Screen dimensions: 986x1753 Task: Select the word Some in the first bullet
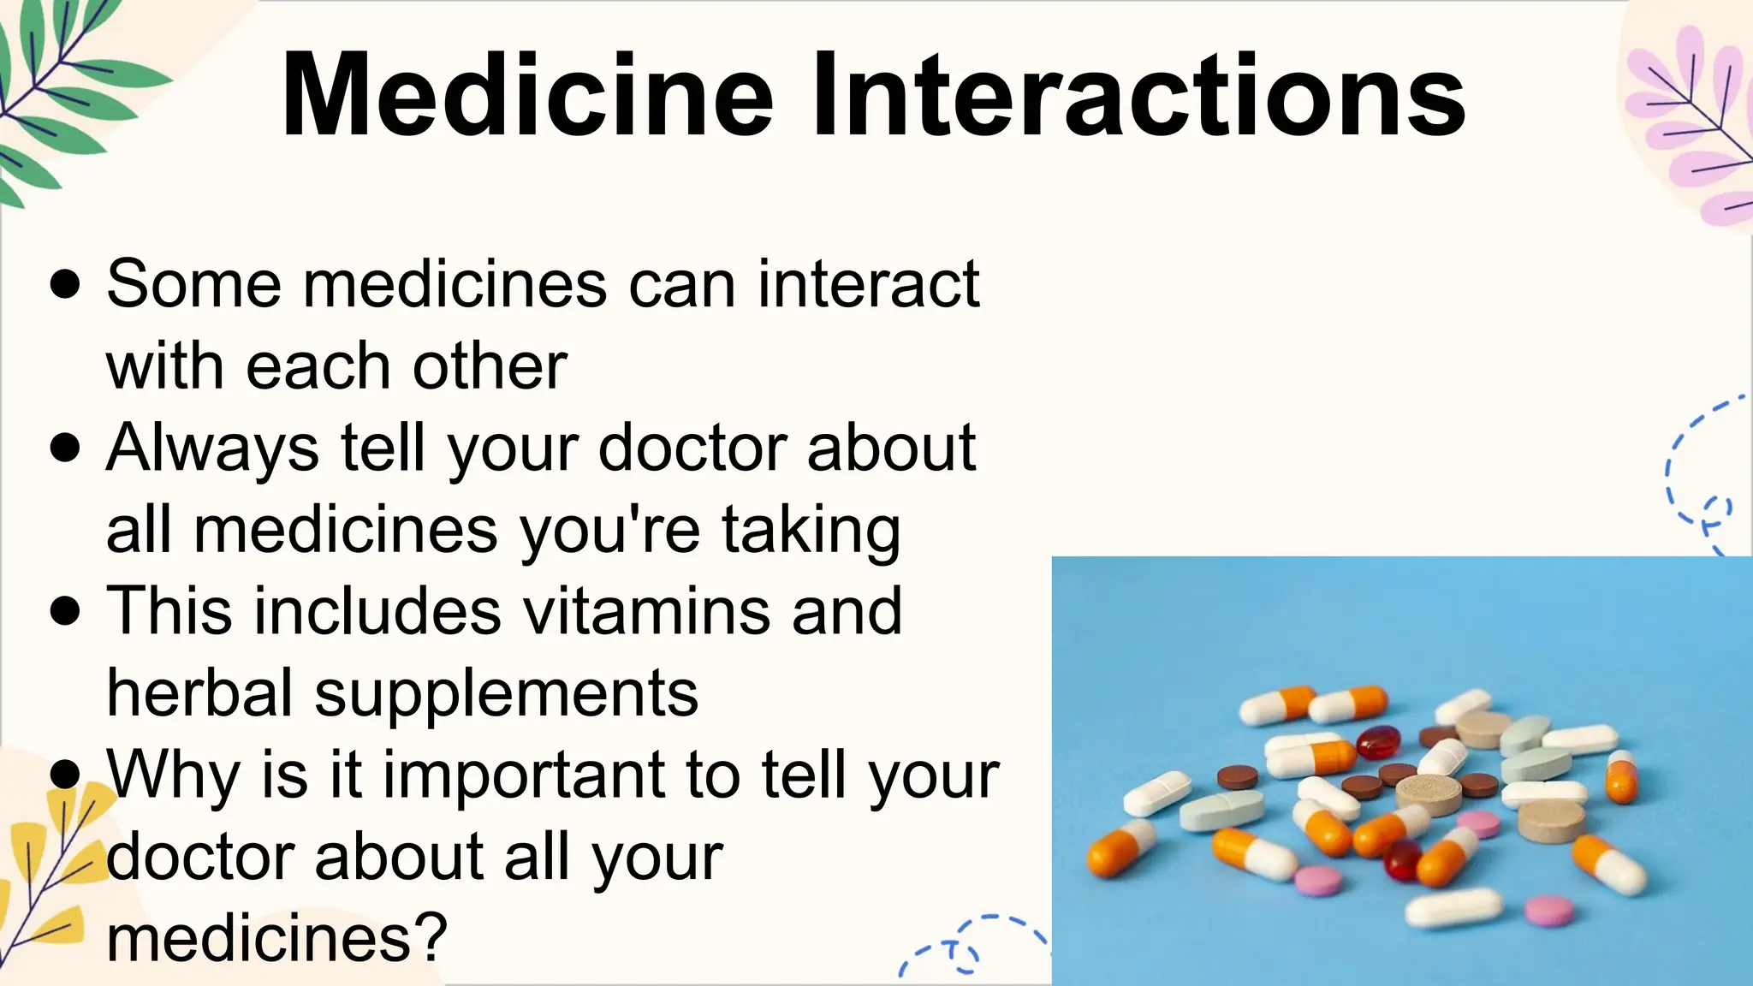point(193,284)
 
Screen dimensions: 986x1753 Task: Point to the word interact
point(868,284)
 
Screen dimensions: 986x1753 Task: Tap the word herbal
point(200,692)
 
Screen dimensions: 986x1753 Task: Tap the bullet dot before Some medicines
point(65,284)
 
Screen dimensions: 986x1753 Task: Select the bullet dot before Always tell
point(65,448)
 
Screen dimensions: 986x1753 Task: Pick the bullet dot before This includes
point(65,611)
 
